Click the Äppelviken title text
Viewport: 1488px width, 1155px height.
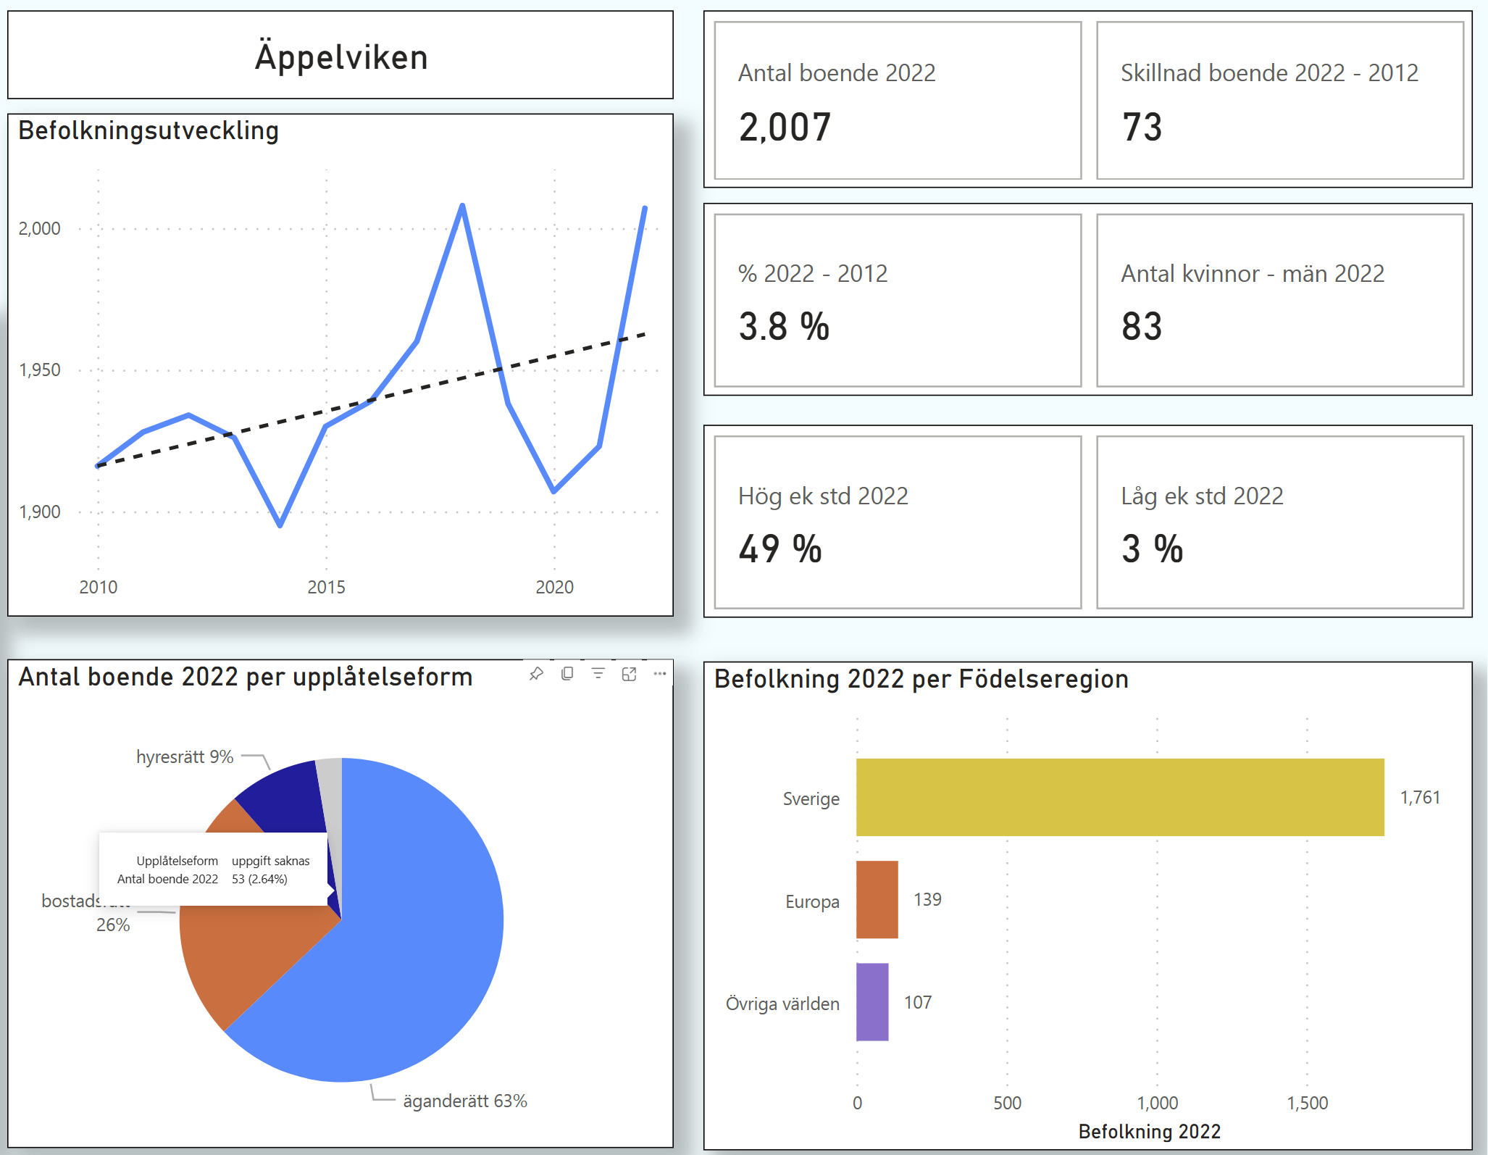tap(341, 57)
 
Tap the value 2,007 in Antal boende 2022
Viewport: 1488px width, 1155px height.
tap(785, 128)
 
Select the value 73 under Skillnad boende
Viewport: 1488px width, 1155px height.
tap(1142, 128)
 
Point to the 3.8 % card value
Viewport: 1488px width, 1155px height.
tap(784, 327)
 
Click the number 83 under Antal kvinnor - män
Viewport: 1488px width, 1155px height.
tap(1142, 327)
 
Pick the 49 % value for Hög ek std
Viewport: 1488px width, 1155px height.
tap(780, 549)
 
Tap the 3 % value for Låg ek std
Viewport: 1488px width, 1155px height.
tap(1152, 549)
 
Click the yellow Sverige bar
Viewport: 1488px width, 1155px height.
tap(1119, 797)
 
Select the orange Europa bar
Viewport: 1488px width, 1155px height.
tap(877, 899)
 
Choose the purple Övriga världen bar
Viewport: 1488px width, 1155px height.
tap(872, 1002)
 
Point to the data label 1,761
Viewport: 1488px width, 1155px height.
tap(1420, 798)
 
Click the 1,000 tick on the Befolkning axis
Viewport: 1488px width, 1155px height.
tap(1157, 1103)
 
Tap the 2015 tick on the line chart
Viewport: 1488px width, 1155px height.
tap(326, 587)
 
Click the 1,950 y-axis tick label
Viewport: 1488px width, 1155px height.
tap(40, 370)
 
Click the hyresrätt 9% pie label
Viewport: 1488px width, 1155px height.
tap(185, 757)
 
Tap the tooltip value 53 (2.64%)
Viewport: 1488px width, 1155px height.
tap(259, 879)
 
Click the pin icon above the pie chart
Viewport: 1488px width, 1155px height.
tap(536, 674)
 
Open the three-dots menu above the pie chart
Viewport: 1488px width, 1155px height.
tap(659, 674)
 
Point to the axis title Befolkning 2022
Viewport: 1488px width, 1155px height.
tap(1149, 1131)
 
